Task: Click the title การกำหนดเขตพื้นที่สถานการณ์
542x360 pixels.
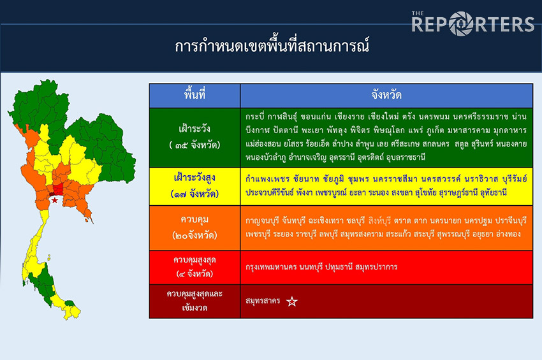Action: pos(272,47)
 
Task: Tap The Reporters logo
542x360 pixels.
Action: pos(472,23)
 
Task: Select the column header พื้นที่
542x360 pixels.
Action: pos(194,95)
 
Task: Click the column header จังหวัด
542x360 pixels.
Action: pos(386,95)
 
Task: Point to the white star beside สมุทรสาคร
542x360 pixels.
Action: pos(292,301)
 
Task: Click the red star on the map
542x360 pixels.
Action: pos(55,200)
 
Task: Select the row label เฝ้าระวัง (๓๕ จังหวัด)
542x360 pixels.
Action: pos(194,137)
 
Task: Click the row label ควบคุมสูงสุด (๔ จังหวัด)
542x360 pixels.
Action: pos(194,267)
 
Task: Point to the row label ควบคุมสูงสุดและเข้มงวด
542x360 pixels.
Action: pos(194,301)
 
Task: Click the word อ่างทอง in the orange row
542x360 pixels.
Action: pos(508,234)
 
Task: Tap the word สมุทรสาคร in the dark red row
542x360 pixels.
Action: pos(263,301)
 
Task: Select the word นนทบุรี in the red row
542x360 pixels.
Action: pos(311,267)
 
